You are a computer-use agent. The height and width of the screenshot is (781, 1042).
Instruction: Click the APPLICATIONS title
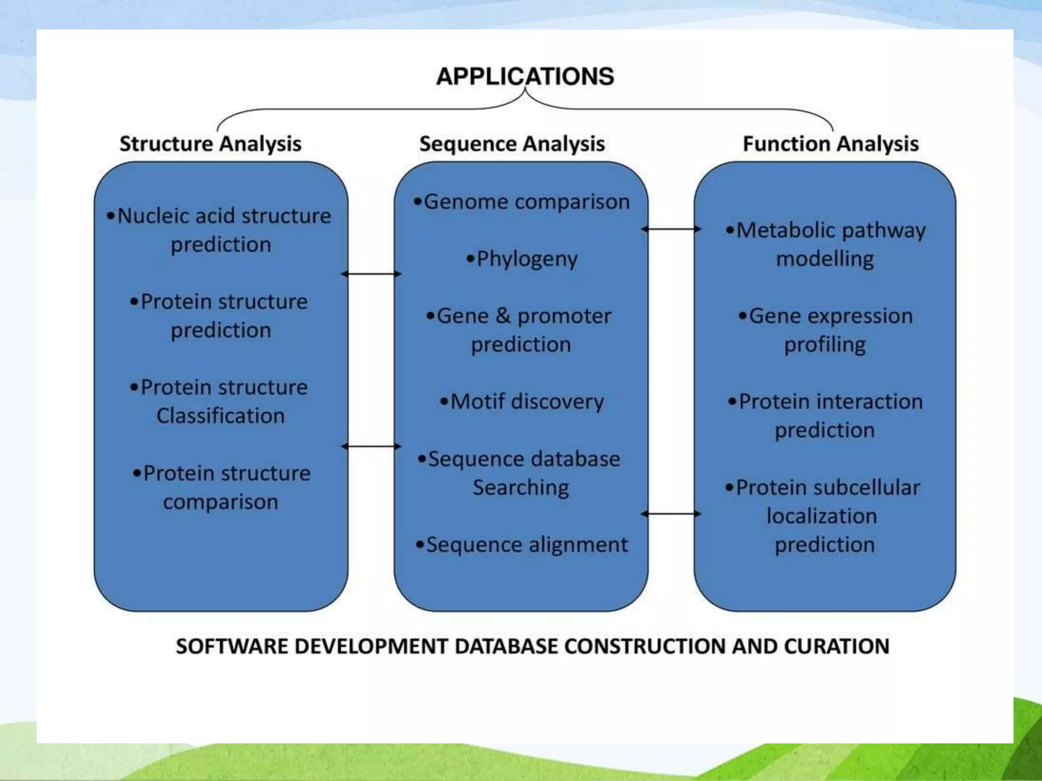[x=525, y=76]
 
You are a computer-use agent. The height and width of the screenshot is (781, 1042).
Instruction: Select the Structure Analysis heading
[x=210, y=144]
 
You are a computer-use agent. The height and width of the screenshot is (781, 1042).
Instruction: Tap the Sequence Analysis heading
[x=512, y=144]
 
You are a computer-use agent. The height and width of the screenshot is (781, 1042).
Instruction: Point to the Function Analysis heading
[x=831, y=144]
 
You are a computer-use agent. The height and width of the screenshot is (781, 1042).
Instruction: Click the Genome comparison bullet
[x=522, y=202]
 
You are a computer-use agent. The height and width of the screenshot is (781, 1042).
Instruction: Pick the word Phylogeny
[x=527, y=259]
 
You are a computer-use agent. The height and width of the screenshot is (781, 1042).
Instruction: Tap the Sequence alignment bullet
[x=522, y=545]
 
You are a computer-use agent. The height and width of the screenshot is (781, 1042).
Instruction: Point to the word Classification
[x=220, y=416]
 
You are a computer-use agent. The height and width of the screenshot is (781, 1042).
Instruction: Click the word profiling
[x=825, y=345]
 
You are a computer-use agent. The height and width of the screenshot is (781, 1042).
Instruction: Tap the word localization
[x=822, y=516]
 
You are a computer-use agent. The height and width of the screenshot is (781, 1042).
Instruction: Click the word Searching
[x=521, y=488]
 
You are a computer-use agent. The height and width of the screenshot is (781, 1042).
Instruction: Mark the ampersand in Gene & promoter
[x=503, y=316]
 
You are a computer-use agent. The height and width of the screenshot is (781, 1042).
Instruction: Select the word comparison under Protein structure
[x=220, y=502]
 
